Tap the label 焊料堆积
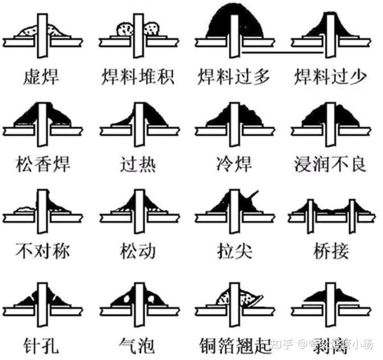137,78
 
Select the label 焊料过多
234,78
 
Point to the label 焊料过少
330,78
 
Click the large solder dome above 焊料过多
234,22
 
